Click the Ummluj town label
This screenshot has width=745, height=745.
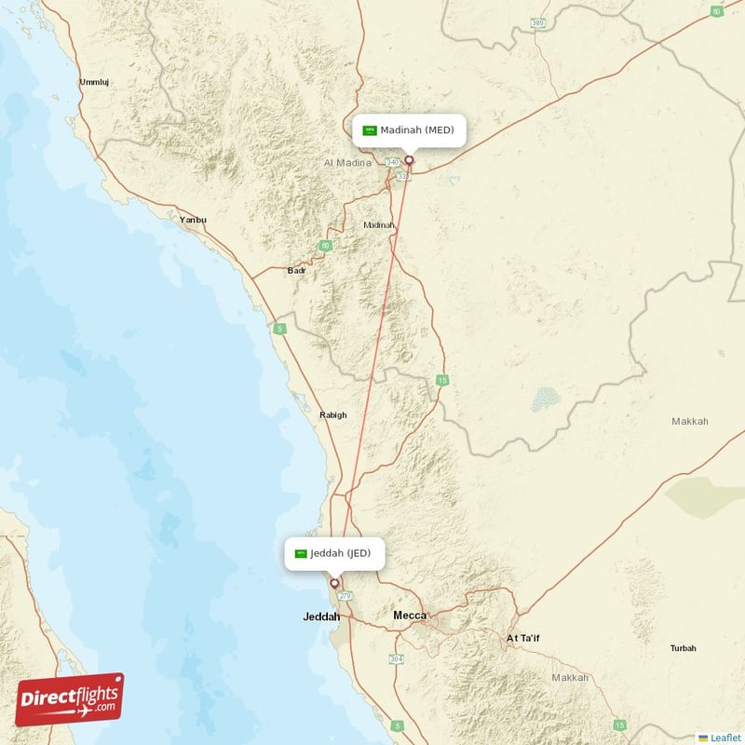(x=94, y=82)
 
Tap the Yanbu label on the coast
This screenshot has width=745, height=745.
(x=193, y=220)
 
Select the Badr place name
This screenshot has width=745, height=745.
(x=297, y=271)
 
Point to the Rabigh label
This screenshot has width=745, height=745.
(x=332, y=415)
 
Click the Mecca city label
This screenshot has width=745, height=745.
(x=410, y=616)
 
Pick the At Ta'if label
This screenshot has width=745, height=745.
(x=522, y=638)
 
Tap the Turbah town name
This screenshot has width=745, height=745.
(x=683, y=648)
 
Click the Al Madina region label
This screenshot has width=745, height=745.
(x=347, y=162)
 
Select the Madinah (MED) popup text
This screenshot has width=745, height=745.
(x=417, y=130)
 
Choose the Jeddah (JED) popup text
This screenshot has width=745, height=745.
(x=341, y=553)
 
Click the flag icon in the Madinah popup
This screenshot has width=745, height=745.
(x=370, y=130)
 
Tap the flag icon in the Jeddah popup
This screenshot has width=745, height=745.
(x=301, y=554)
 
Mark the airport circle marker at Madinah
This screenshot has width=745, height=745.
(x=408, y=159)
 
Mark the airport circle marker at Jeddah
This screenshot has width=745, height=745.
(x=334, y=584)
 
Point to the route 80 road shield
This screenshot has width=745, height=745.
(x=716, y=11)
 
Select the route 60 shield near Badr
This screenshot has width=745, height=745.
(x=325, y=246)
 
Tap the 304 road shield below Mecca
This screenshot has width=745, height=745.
(x=396, y=659)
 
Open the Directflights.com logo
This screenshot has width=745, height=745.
(x=70, y=699)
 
